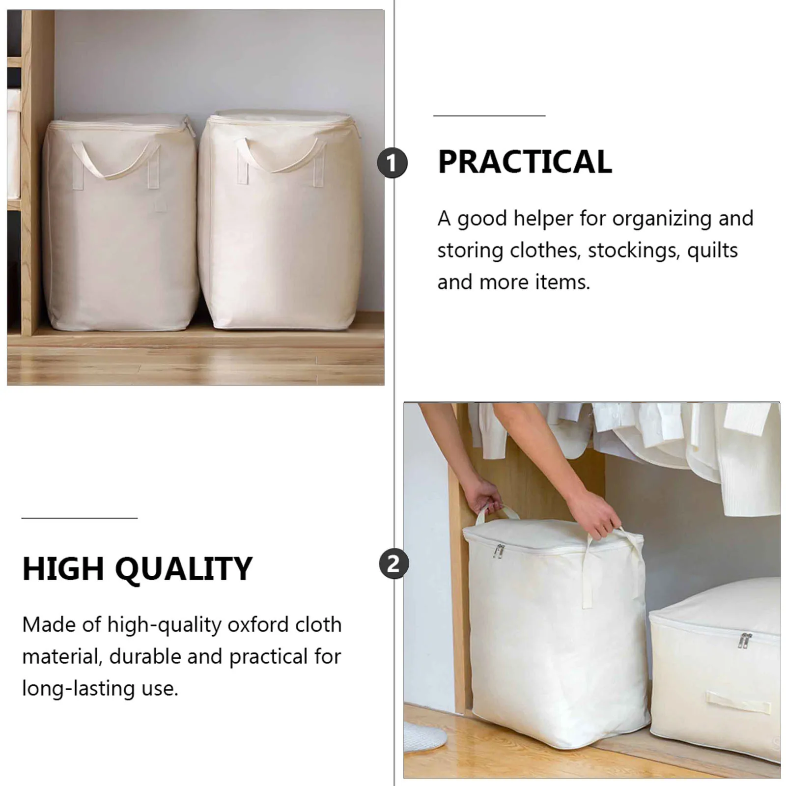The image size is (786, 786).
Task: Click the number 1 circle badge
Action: click(392, 163)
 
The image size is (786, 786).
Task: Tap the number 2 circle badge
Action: click(393, 563)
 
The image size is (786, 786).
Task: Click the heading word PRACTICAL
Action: click(525, 162)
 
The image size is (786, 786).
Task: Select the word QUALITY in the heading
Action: click(184, 569)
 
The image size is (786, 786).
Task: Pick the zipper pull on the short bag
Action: click(745, 640)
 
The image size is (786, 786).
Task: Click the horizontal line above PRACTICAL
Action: click(489, 116)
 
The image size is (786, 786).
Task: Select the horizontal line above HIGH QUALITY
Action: click(79, 518)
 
